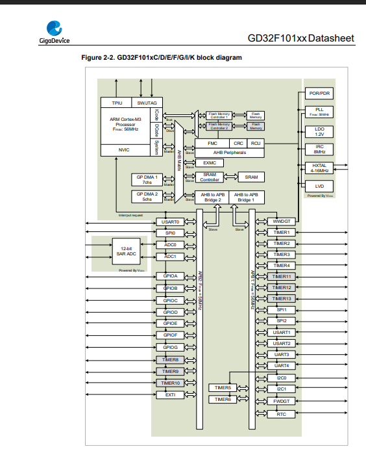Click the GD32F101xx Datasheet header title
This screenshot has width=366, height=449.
tap(301, 39)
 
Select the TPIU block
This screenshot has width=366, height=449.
tap(117, 103)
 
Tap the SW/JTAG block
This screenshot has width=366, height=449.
tap(143, 103)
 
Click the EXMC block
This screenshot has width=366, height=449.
tap(210, 162)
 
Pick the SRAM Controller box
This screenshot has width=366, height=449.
tap(210, 177)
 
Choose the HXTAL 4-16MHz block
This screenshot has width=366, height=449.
tap(319, 168)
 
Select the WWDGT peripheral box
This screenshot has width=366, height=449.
tap(281, 222)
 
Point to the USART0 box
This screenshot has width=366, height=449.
tap(171, 222)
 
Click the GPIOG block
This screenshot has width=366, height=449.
tap(171, 347)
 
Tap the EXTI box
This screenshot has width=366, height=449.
tap(171, 394)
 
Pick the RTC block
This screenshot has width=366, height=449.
tap(281, 414)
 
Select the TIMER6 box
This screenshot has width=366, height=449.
tap(223, 399)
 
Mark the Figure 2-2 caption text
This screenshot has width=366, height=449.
tap(161, 58)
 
